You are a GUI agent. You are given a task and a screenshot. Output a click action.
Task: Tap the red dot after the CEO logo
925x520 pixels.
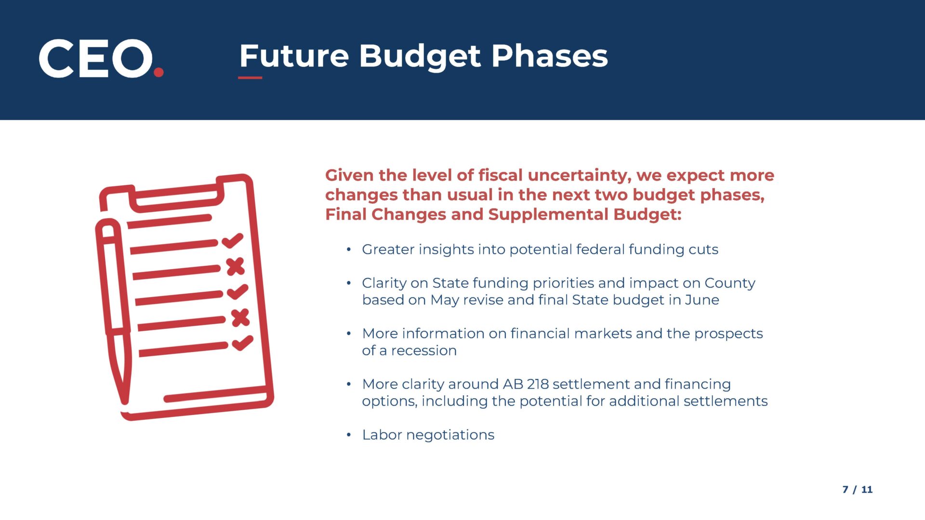pyautogui.click(x=159, y=72)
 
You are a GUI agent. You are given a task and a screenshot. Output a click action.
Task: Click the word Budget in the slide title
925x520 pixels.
pyautogui.click(x=420, y=57)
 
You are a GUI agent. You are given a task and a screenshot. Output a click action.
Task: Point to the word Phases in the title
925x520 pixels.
pyautogui.click(x=549, y=55)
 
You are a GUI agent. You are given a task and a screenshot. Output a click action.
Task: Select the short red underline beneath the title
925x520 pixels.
pyautogui.click(x=250, y=78)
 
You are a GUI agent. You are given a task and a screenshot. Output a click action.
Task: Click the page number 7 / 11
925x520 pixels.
pyautogui.click(x=857, y=490)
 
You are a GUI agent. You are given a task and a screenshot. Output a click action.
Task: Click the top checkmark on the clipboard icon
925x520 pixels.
pyautogui.click(x=233, y=240)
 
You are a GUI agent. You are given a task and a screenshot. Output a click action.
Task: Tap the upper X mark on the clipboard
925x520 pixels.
pyautogui.click(x=236, y=266)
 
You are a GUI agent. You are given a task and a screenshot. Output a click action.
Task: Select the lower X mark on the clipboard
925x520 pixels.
pyautogui.click(x=240, y=318)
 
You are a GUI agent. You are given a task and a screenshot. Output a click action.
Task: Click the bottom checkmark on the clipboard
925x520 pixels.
pyautogui.click(x=242, y=343)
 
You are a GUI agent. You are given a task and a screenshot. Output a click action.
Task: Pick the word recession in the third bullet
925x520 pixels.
pyautogui.click(x=424, y=351)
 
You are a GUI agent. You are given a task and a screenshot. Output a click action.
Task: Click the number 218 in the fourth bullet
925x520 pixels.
pyautogui.click(x=538, y=384)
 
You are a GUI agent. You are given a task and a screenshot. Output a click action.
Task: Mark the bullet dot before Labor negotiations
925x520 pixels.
pyautogui.click(x=349, y=435)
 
